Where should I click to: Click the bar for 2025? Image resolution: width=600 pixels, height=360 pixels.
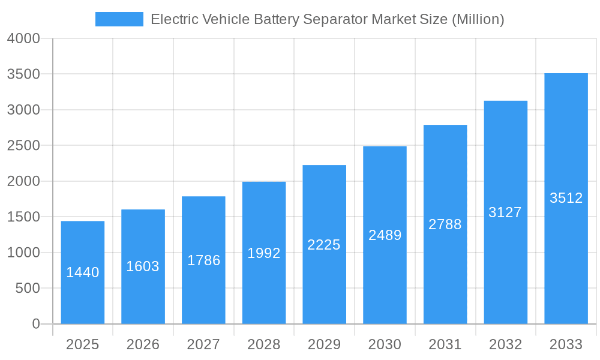tap(83, 273)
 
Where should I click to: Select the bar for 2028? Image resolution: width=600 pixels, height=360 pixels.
tap(264, 253)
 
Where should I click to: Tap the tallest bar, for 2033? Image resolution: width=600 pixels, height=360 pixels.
tap(566, 199)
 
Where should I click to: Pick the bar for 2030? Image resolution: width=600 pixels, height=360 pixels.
tap(385, 235)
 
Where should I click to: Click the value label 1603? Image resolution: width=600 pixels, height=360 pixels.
tap(143, 266)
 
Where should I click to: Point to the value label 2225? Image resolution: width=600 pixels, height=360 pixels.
tap(324, 245)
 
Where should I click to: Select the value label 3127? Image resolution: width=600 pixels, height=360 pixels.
tap(505, 212)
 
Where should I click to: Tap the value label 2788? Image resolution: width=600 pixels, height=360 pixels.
tap(445, 224)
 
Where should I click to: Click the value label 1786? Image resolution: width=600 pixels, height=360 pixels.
tap(203, 260)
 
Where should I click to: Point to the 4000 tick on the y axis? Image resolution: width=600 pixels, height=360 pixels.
tap(23, 38)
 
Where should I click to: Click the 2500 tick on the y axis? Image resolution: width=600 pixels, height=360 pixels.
tap(23, 146)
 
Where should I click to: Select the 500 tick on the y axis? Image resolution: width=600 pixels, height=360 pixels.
tap(28, 289)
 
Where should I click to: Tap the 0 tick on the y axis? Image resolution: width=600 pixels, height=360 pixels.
tap(35, 324)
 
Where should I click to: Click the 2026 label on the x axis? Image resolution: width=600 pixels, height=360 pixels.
tap(143, 344)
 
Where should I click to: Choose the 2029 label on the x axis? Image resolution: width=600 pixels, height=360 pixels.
tap(324, 344)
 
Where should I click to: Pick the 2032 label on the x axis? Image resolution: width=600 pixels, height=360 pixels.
tap(505, 344)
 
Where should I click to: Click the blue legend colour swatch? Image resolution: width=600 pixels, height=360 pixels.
tap(119, 19)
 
